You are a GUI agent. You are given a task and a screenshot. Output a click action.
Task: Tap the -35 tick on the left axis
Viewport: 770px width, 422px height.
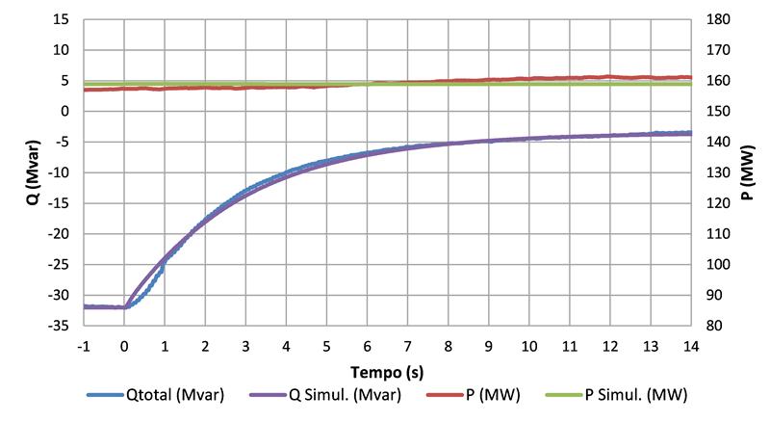point(60,327)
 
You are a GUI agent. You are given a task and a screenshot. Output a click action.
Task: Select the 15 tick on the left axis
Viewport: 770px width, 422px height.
point(64,19)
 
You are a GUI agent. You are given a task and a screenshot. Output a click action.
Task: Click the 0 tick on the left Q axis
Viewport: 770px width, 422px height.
point(67,111)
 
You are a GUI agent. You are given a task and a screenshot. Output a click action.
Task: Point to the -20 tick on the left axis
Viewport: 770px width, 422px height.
point(60,234)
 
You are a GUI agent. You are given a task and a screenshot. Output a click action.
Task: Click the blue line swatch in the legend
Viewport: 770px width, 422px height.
point(103,395)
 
